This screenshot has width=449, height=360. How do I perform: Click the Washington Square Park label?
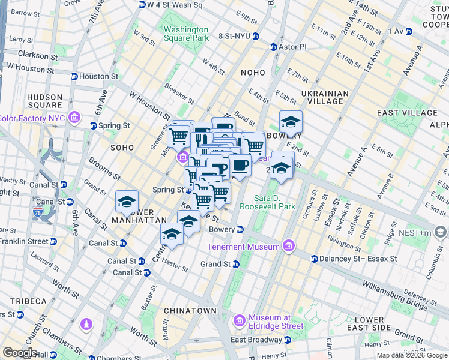[x=186, y=34]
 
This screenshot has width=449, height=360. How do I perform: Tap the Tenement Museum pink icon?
[x=289, y=247]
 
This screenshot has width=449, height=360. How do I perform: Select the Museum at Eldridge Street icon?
[x=239, y=322]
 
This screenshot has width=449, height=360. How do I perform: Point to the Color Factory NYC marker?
[x=74, y=118]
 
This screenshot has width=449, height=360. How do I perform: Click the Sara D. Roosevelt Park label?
[x=267, y=202]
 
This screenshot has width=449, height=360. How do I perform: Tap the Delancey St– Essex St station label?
[x=358, y=259]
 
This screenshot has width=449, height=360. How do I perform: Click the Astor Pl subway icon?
[x=274, y=47]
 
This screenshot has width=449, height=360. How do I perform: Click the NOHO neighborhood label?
[x=253, y=73]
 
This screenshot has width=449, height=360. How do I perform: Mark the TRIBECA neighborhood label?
[x=28, y=301]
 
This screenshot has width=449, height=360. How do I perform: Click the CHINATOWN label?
[x=191, y=311]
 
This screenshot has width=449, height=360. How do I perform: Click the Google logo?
[x=20, y=353]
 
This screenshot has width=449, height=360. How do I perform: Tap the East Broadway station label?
[x=256, y=340]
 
